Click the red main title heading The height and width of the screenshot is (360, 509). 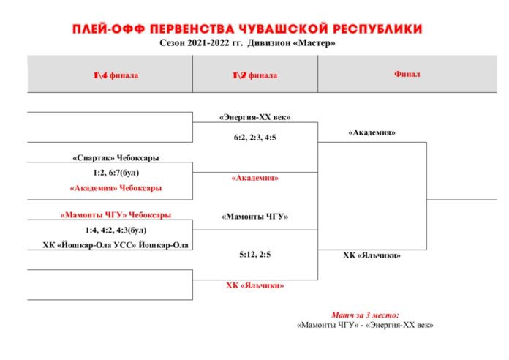coord(247,29)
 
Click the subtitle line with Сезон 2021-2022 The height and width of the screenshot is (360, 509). coord(247,43)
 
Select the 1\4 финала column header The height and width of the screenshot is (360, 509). coord(116,75)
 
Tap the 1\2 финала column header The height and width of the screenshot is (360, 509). coord(254,75)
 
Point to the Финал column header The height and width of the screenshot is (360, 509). coord(407,74)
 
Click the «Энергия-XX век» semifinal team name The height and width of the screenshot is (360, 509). coord(254,117)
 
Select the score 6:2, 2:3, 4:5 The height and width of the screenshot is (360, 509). coord(254,138)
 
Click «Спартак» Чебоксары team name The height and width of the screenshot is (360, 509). coord(116,157)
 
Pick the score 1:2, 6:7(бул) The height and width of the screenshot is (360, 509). coord(116,173)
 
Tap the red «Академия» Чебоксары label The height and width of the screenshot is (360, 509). coord(116,188)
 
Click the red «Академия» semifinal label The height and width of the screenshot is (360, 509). coord(254,178)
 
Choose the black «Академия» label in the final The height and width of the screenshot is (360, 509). coord(372,132)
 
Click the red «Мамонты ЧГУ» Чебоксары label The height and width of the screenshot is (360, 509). coord(116,215)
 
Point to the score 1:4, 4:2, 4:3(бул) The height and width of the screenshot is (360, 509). coord(116,230)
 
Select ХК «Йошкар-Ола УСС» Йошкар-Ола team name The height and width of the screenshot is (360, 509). coord(116,244)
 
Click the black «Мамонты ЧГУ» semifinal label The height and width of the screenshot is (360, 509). coord(254,217)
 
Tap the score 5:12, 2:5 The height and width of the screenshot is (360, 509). coord(254,255)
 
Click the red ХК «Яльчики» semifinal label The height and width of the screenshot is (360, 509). coord(254,285)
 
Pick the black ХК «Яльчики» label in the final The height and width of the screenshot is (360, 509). coord(372,255)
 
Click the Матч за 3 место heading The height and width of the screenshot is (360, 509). coord(365,315)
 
